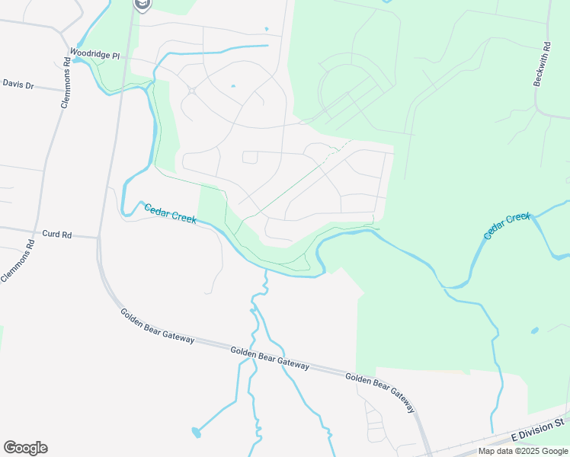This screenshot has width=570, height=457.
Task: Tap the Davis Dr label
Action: pyautogui.click(x=19, y=85)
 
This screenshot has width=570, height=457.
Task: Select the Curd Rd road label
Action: pyautogui.click(x=57, y=235)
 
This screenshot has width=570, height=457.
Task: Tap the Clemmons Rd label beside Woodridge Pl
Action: pyautogui.click(x=67, y=88)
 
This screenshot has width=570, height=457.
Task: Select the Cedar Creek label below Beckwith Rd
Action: pyautogui.click(x=507, y=227)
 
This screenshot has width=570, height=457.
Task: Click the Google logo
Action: pyautogui.click(x=25, y=448)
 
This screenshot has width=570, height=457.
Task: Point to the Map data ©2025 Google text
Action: pyautogui.click(x=523, y=451)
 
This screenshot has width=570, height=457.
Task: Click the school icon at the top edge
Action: pyautogui.click(x=142, y=5)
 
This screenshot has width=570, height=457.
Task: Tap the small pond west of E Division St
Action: pyautogui.click(x=534, y=331)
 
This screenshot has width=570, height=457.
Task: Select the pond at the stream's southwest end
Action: pyautogui.click(x=197, y=433)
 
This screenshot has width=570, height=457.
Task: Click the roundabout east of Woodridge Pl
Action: pyautogui.click(x=191, y=91)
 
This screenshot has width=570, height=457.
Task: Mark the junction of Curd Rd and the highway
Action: pyautogui.click(x=98, y=238)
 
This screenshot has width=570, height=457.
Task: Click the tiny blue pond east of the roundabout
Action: pyautogui.click(x=232, y=86)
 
